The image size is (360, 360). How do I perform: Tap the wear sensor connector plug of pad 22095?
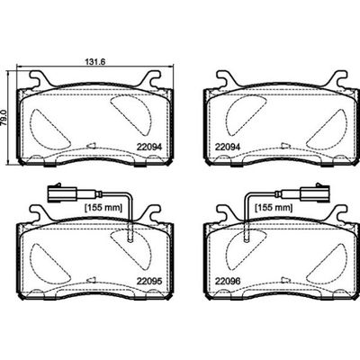(x=56, y=191)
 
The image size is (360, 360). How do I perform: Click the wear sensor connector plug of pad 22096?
(x=303, y=191)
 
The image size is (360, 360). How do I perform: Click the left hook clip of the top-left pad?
(x=39, y=79)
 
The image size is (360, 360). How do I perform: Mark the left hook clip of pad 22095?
(x=37, y=214)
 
